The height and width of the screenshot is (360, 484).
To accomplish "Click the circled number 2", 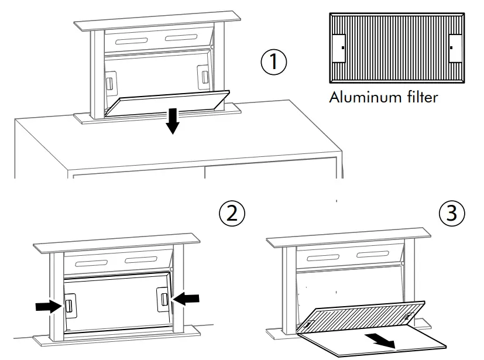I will pyautogui.click(x=232, y=214).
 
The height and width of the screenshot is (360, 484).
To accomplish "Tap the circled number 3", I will pyautogui.click(x=451, y=214).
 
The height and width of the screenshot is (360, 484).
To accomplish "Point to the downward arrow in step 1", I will pyautogui.click(x=172, y=121).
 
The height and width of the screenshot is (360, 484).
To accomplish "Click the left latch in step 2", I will pyautogui.click(x=68, y=306).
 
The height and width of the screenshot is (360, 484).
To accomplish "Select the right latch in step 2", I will pyautogui.click(x=162, y=298).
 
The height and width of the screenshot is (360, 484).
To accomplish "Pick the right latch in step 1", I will pyautogui.click(x=203, y=76).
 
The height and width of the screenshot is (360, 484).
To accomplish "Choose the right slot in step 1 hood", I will pyautogui.click(x=182, y=38).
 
